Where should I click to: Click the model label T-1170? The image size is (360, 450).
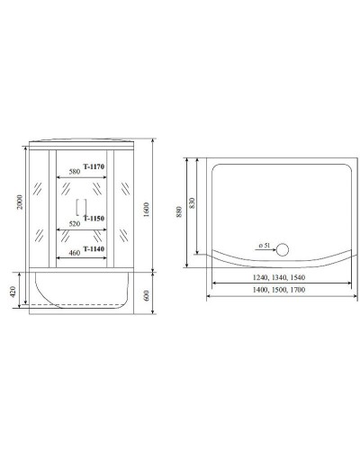(x=94, y=166)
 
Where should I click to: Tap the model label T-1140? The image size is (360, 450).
(x=94, y=248)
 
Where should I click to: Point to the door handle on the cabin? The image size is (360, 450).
(x=78, y=205)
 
